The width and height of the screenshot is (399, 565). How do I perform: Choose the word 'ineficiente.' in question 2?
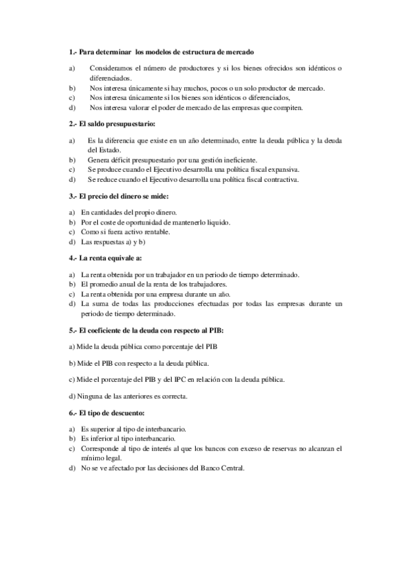tap(238, 160)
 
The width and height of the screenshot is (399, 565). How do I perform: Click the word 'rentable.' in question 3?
tap(155, 232)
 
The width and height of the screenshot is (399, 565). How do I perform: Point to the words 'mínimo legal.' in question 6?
tap(101, 458)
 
